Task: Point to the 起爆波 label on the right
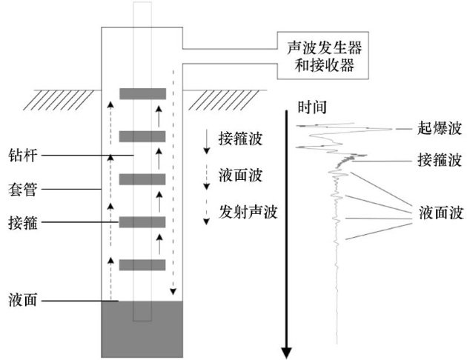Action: point(440,128)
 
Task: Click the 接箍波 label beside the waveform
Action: point(440,159)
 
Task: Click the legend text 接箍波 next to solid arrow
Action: point(241,139)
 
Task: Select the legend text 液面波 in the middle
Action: point(241,176)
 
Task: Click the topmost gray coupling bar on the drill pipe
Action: point(143,93)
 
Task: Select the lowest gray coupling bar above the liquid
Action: point(143,264)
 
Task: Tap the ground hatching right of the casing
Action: point(222,96)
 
